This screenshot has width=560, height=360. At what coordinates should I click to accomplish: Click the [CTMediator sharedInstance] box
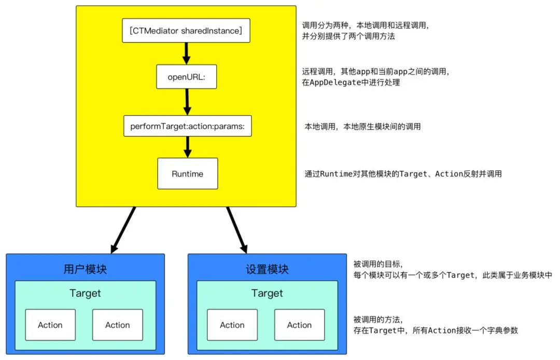click(186, 31)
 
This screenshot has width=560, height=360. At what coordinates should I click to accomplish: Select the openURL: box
click(187, 77)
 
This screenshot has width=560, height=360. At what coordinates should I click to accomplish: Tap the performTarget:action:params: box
click(188, 126)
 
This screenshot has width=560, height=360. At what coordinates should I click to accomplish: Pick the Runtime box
click(188, 174)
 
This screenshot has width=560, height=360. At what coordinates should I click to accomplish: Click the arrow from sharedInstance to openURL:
click(187, 53)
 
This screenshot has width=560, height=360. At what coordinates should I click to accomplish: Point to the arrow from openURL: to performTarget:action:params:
click(187, 102)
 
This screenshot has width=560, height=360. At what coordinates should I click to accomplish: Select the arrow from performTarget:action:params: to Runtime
click(188, 147)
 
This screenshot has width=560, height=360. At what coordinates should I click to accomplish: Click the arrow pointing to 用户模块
click(123, 230)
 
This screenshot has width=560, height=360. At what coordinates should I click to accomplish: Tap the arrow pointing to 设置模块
click(237, 230)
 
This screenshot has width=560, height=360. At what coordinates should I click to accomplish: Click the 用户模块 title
click(86, 269)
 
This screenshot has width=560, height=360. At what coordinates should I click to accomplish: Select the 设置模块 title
click(267, 269)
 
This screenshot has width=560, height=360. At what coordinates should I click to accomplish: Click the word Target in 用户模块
click(86, 293)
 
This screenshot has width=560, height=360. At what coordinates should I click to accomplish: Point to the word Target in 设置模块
click(267, 293)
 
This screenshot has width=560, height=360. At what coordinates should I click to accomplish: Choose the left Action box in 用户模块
click(50, 325)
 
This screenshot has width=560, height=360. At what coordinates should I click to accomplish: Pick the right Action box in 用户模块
click(118, 325)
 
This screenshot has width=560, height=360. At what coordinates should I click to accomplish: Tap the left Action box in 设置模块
click(232, 325)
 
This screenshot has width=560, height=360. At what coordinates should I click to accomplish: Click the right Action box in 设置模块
click(299, 325)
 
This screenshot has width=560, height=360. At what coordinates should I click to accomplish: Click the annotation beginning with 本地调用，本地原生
click(362, 127)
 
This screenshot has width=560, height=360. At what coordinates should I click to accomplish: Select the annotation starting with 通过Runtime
click(403, 174)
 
